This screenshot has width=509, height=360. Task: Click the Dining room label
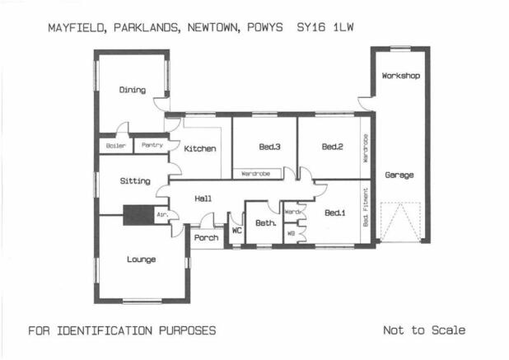click(132, 90)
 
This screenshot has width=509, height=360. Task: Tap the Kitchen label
click(200, 148)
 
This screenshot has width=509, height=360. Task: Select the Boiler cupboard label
click(115, 146)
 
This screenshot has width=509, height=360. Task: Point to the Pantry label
click(152, 145)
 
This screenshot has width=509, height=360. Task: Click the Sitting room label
click(135, 180)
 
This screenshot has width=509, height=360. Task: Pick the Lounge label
click(141, 259)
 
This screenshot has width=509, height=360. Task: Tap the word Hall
click(203, 199)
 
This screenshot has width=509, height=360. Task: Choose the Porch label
click(206, 237)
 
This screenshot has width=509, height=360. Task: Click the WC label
click(237, 230)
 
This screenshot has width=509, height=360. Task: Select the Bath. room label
click(266, 223)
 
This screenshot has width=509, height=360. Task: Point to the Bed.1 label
click(335, 213)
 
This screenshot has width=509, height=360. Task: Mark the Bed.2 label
click(333, 147)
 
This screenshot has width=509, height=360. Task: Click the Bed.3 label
click(270, 147)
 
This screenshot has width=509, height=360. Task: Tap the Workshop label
click(401, 76)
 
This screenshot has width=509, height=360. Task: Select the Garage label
click(399, 175)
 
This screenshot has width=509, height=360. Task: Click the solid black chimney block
click(138, 215)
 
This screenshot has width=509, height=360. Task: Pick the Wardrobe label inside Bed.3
click(256, 174)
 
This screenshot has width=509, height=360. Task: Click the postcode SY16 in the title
click(311, 27)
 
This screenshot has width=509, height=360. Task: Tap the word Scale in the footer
click(449, 330)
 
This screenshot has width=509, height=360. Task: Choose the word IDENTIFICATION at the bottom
click(105, 331)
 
